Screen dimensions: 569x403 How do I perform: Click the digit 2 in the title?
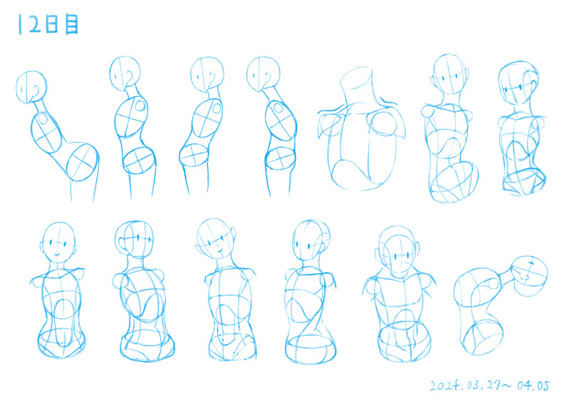[35, 24]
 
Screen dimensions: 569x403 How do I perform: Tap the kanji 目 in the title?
[71, 24]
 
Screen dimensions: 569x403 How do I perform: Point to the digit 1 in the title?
[20, 24]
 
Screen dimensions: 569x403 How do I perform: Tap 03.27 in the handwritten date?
[484, 385]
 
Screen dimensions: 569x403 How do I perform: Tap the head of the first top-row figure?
[31, 87]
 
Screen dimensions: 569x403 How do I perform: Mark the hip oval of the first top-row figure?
[83, 162]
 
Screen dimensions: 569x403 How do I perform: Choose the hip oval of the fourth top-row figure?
[280, 158]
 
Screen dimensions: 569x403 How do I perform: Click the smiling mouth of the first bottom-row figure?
[58, 255]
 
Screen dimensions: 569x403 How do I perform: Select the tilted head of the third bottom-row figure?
[216, 238]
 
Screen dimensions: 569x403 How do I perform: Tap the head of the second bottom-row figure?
[134, 239]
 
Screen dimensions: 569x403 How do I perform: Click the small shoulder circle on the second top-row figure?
[140, 106]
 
